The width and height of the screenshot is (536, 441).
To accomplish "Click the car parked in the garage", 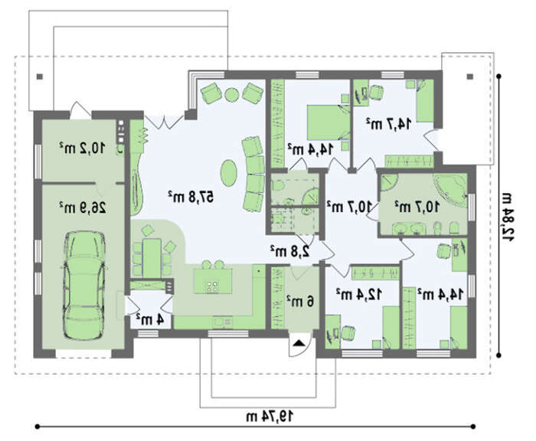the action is (x=84, y=286).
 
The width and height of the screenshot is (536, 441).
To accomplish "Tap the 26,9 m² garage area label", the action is (x=83, y=207).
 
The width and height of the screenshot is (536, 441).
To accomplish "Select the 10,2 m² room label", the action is (x=83, y=148).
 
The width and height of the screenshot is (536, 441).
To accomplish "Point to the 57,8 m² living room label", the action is (x=191, y=197).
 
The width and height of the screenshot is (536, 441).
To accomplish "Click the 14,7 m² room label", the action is (x=389, y=124).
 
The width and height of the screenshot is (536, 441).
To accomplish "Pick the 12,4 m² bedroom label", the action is (x=359, y=294).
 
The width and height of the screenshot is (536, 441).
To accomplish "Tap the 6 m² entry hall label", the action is (x=300, y=301).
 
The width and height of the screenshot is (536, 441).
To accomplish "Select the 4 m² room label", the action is (x=150, y=319).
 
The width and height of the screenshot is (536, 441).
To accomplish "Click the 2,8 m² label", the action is (x=290, y=251).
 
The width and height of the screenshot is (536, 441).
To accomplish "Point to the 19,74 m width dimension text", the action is (x=270, y=416).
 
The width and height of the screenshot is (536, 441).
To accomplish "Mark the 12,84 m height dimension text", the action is (x=507, y=217).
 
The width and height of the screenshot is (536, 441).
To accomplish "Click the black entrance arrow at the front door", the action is (x=299, y=342).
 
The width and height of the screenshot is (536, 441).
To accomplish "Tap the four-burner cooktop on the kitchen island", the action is (x=213, y=286).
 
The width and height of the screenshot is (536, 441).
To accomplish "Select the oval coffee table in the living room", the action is (x=227, y=173).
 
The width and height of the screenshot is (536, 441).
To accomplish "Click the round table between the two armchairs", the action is (x=232, y=94).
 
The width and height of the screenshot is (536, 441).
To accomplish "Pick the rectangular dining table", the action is (x=152, y=258).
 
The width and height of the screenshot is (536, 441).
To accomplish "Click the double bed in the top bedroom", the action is (x=328, y=122).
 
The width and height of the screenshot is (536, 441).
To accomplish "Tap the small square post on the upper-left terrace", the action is (x=40, y=77).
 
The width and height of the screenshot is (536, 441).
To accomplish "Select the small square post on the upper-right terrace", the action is (x=470, y=77).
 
